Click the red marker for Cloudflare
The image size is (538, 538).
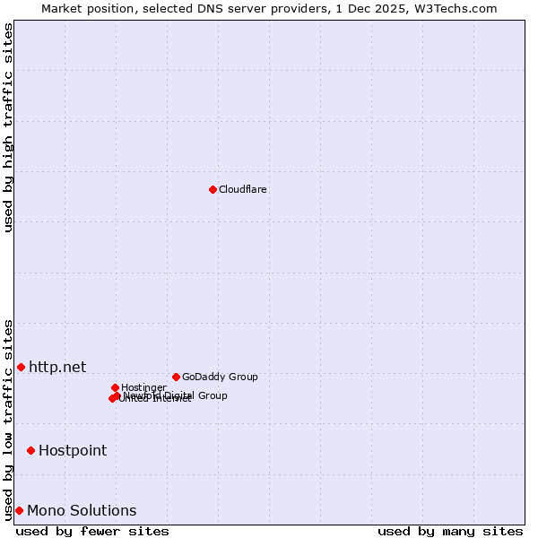pyautogui.click(x=213, y=189)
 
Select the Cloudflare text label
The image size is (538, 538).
pyautogui.click(x=243, y=189)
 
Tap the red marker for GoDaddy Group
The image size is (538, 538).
pyautogui.click(x=176, y=377)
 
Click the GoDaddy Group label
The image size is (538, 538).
pyautogui.click(x=220, y=377)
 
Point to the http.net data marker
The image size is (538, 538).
pyautogui.click(x=21, y=367)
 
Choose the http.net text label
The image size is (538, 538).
pyautogui.click(x=57, y=367)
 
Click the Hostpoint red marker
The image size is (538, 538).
pyautogui.click(x=30, y=450)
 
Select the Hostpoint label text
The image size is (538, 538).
pyautogui.click(x=73, y=450)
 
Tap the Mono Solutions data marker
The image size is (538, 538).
pyautogui.click(x=19, y=510)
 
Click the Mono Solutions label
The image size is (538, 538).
pyautogui.click(x=82, y=510)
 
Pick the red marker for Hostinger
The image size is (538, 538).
pyautogui.click(x=115, y=387)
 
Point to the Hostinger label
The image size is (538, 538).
pyautogui.click(x=143, y=387)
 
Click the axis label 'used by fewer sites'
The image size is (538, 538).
pyautogui.click(x=92, y=531)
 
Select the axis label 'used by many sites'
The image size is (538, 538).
pyautogui.click(x=450, y=531)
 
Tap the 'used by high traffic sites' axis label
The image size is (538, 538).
pyautogui.click(x=8, y=127)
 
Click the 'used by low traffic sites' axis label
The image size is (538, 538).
pyautogui.click(x=8, y=420)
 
